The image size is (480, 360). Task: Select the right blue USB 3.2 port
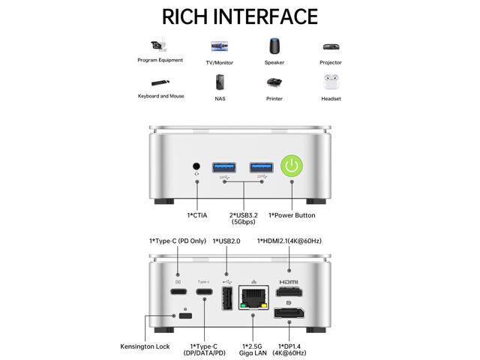(260, 165)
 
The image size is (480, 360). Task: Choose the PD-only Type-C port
(178, 292)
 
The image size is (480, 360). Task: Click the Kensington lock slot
(185, 316)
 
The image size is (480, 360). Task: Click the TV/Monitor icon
(220, 46)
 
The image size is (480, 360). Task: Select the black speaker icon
(274, 46)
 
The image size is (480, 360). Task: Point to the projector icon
(331, 46)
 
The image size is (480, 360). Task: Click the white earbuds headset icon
(331, 81)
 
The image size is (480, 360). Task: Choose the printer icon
(274, 82)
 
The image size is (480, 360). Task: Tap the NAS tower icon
(220, 82)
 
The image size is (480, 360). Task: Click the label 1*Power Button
(292, 215)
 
